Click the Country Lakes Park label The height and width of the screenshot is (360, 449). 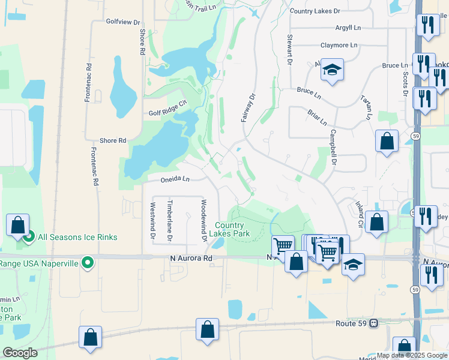click(232, 229)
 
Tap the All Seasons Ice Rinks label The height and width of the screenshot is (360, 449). click(77, 237)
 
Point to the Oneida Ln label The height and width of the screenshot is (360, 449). click(175, 179)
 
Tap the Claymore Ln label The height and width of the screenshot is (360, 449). click(339, 45)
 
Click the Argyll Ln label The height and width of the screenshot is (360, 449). click(348, 28)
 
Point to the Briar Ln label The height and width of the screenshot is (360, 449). click(317, 117)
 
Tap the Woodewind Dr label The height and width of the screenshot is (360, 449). click(204, 220)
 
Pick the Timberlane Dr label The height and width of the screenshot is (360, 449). click(170, 220)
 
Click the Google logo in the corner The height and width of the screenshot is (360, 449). click(20, 353)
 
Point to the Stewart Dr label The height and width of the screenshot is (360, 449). click(289, 49)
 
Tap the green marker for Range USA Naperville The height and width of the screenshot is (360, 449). click(88, 262)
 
